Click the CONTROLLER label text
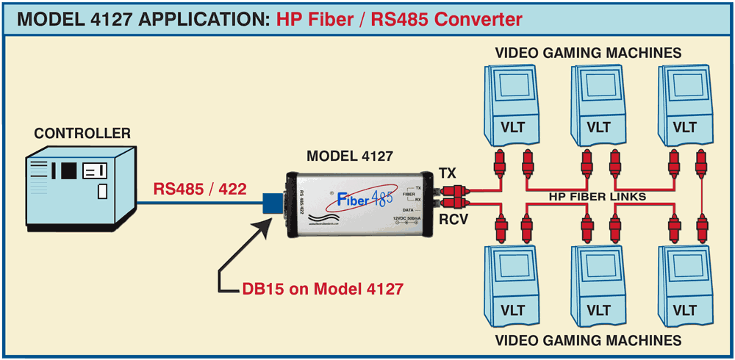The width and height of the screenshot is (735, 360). (82, 133)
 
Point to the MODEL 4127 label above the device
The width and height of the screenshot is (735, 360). (349, 156)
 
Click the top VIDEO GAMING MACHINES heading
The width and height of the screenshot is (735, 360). (587, 53)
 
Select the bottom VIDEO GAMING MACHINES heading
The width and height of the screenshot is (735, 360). (587, 340)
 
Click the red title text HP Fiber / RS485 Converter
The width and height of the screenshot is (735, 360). (399, 19)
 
